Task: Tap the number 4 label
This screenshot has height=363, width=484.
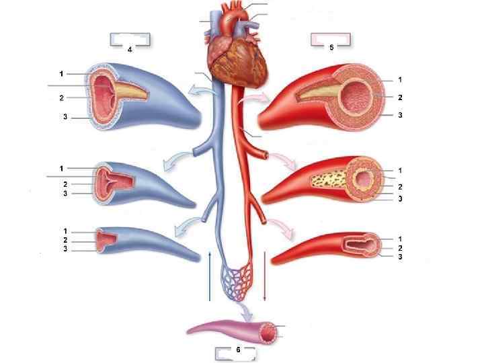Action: pyautogui.click(x=129, y=49)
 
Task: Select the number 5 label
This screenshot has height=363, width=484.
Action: pyautogui.click(x=331, y=47)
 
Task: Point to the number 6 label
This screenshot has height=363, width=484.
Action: pyautogui.click(x=237, y=350)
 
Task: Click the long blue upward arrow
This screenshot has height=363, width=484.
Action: pyautogui.click(x=210, y=276)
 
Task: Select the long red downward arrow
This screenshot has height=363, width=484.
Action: pyautogui.click(x=266, y=276)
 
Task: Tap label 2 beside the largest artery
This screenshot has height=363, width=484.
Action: pyautogui.click(x=400, y=97)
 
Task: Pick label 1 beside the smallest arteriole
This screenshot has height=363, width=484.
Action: pyautogui.click(x=400, y=239)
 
